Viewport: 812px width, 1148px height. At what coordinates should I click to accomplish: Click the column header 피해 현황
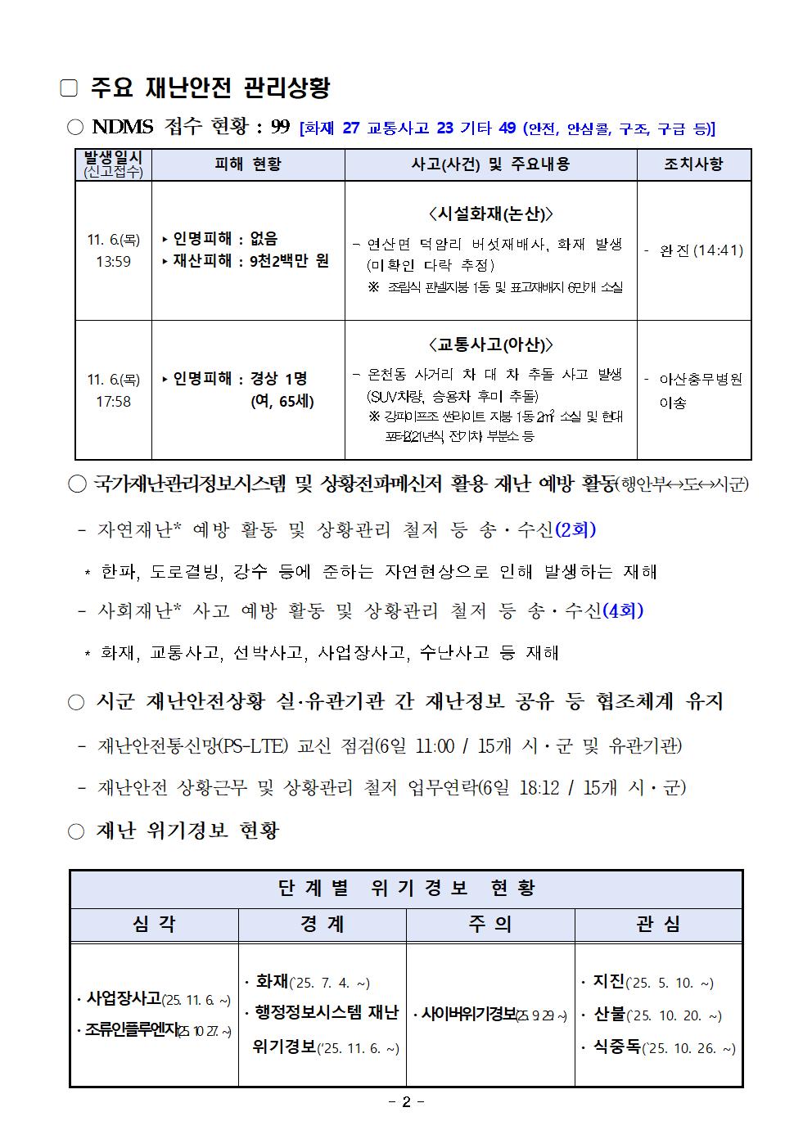[247, 164]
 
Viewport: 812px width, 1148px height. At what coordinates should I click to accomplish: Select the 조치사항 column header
[693, 164]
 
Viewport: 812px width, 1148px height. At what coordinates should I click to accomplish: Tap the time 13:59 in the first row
[113, 262]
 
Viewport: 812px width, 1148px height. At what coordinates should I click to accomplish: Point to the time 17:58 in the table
[113, 402]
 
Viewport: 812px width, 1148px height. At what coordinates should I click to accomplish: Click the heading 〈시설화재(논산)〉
[490, 214]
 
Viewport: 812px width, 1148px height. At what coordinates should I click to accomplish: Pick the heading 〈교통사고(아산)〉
[490, 344]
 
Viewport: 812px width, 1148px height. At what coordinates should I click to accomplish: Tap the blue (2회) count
[575, 529]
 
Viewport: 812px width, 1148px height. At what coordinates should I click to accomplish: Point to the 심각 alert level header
[154, 925]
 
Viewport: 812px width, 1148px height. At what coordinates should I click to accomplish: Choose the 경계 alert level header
[322, 925]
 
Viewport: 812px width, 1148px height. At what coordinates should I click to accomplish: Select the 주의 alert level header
[490, 925]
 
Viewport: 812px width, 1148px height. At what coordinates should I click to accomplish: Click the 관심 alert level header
[658, 925]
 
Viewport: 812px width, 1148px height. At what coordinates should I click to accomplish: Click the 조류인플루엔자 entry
[131, 1030]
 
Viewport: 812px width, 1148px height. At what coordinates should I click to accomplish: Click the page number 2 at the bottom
[406, 1102]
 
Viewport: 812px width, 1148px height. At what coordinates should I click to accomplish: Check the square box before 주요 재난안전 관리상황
[69, 88]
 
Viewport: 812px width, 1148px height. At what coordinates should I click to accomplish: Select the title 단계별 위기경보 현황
[406, 889]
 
